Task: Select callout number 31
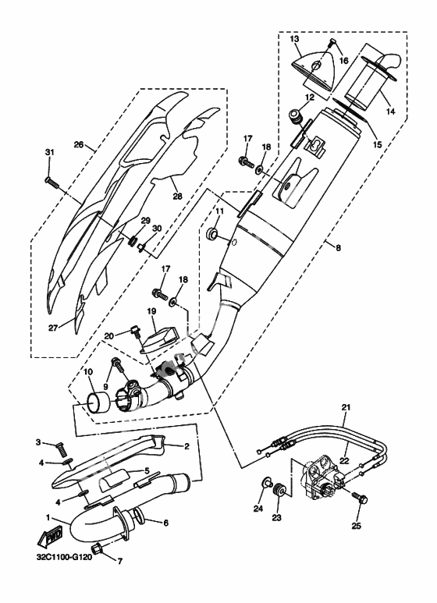50,152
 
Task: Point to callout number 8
338,248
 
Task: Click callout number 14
390,112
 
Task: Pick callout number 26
79,144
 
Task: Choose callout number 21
346,406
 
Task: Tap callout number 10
87,372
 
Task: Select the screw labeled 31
52,182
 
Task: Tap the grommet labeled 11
212,233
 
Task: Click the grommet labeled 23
279,490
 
